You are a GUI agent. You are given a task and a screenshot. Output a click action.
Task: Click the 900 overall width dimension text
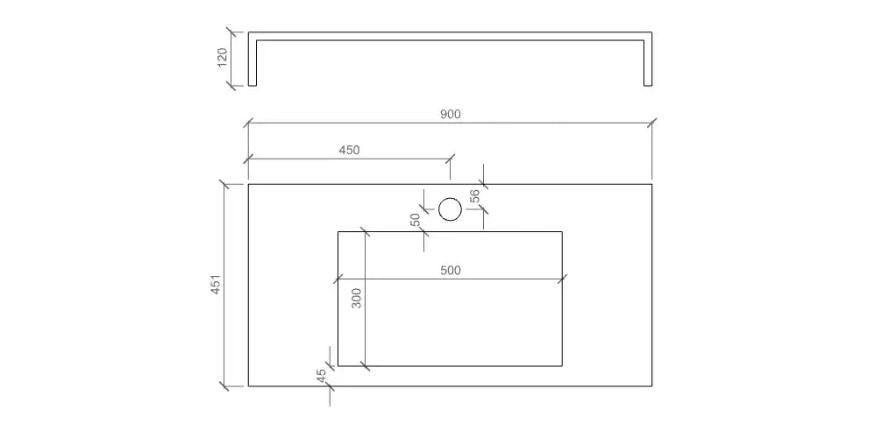coord(450,113)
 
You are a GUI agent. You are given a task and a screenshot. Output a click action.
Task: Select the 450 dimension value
coord(349,149)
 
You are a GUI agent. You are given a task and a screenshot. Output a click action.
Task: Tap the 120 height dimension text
coord(222,58)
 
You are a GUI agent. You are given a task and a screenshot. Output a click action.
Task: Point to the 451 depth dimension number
coord(215,285)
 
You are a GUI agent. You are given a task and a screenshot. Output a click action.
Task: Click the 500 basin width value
coord(450,270)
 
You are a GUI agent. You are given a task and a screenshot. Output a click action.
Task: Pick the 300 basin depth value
coord(355,298)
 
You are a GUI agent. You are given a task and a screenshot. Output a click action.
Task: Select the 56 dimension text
coord(474,196)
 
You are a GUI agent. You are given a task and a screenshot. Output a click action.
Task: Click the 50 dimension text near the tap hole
coord(416,220)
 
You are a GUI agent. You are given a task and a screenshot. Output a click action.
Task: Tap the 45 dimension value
coord(321,374)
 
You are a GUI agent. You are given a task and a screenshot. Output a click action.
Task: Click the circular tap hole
coord(450,208)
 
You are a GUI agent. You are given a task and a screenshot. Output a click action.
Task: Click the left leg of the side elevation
coord(252,61)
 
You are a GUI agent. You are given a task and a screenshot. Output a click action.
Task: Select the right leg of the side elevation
coord(648,61)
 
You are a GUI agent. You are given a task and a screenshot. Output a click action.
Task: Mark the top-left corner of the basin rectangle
coord(338,231)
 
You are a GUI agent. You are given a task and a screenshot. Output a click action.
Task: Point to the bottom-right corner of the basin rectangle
coord(562,365)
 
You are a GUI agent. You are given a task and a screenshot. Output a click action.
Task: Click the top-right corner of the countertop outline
coord(651,185)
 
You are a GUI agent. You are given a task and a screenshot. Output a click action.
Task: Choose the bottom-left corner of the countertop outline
coord(248,385)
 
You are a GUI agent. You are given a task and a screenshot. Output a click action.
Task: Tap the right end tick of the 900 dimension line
coord(651,124)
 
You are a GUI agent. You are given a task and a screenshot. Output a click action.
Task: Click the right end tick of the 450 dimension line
coord(451,159)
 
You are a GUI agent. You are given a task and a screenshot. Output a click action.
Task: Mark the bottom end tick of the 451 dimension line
coord(224,385)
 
